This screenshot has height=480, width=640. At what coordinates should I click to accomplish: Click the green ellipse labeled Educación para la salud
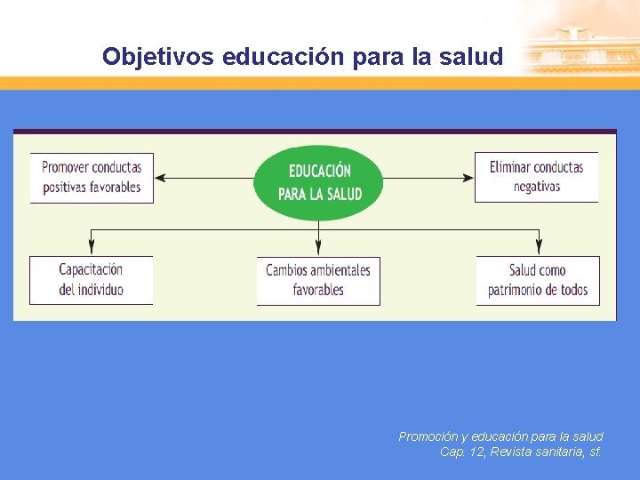[x=318, y=182]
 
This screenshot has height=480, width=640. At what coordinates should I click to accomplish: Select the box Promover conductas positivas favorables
[x=92, y=178]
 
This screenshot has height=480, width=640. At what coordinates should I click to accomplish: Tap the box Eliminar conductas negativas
[x=536, y=178]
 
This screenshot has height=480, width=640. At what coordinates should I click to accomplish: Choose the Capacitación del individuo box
[x=91, y=280]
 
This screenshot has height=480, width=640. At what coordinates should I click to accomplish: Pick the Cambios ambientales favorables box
[x=318, y=280]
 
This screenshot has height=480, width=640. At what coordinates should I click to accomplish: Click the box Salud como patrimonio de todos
[x=537, y=280]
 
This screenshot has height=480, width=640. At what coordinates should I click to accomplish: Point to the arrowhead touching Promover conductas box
[x=160, y=179]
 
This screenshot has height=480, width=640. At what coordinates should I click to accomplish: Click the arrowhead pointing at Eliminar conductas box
[x=468, y=179]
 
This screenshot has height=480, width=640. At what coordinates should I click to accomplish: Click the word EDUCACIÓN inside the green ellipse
[x=319, y=171]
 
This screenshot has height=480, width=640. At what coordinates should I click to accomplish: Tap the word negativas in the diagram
[x=537, y=188]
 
